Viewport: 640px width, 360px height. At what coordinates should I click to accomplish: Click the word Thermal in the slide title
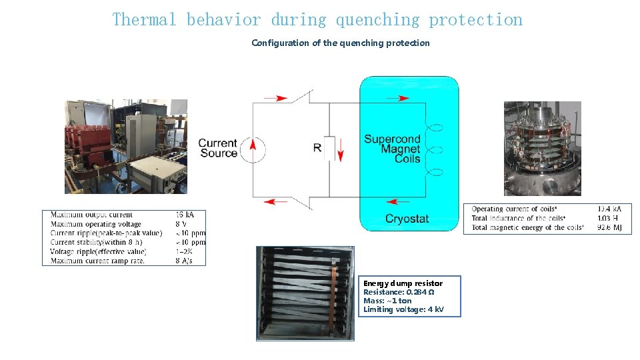[145, 20]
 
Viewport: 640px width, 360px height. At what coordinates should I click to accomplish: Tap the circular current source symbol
[252, 148]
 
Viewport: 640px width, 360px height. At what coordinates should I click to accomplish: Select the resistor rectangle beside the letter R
[329, 148]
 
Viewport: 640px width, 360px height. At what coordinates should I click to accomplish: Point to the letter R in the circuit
[317, 147]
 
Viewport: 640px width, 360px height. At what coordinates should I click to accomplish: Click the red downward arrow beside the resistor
[339, 149]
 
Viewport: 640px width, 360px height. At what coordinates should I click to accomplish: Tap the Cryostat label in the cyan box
[407, 219]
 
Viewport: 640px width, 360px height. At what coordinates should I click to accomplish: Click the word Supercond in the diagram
[392, 139]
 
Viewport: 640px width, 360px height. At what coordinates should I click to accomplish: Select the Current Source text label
[218, 148]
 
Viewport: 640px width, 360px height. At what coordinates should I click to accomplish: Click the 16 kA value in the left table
[185, 215]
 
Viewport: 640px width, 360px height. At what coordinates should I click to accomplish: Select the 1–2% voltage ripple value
[184, 251]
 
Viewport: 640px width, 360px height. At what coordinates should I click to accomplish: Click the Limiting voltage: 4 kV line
[403, 309]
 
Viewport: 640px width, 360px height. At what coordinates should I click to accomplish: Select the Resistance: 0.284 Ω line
[399, 292]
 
